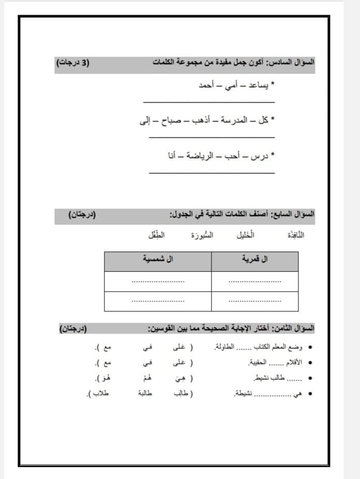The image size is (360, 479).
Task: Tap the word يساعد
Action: [x=258, y=85]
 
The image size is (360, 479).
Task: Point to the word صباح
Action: [x=169, y=120]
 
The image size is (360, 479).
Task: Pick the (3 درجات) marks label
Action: [x=72, y=63]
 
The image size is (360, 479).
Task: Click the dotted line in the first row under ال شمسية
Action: [x=158, y=282]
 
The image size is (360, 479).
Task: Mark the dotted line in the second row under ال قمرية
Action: [x=254, y=301]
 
